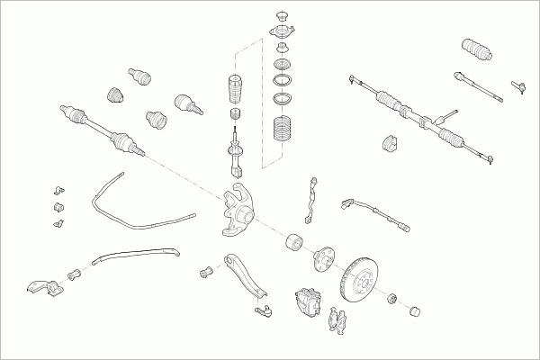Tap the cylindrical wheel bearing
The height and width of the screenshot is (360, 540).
(x=292, y=243)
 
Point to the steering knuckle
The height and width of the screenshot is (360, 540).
(x=238, y=211)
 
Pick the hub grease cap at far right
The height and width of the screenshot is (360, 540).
(x=416, y=312)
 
